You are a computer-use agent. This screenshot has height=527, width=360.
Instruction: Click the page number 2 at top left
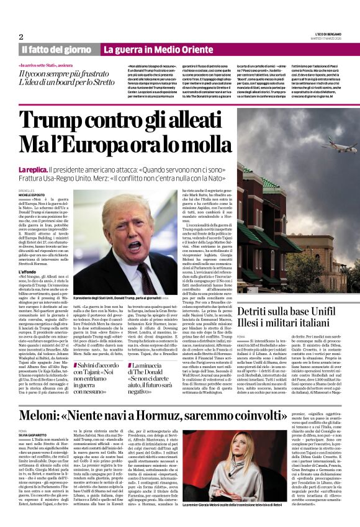(20, 36)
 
